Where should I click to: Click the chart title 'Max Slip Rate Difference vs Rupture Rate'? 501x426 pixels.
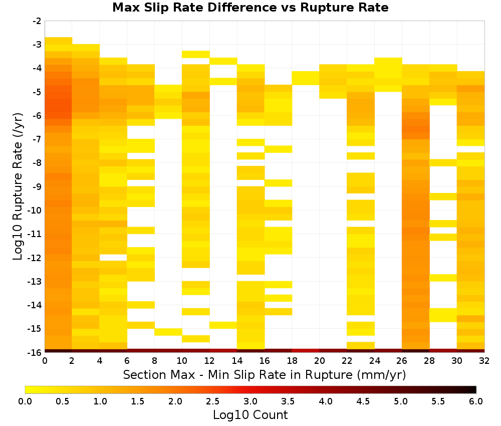pyautogui.click(x=250, y=8)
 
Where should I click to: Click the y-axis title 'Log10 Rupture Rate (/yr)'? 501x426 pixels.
pyautogui.click(x=18, y=186)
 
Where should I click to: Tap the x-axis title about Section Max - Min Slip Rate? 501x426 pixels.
pyautogui.click(x=264, y=375)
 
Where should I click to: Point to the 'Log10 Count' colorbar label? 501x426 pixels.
pyautogui.click(x=250, y=415)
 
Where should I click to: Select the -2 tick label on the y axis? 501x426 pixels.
pyautogui.click(x=37, y=21)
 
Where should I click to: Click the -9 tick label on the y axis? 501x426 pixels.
pyautogui.click(x=37, y=186)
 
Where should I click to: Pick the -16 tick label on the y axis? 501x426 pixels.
pyautogui.click(x=35, y=352)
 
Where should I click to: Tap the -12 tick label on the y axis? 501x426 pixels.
pyautogui.click(x=35, y=258)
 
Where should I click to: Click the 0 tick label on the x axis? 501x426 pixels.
pyautogui.click(x=45, y=361)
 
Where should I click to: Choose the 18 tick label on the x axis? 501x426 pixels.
pyautogui.click(x=292, y=361)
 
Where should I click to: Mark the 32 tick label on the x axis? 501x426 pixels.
pyautogui.click(x=484, y=361)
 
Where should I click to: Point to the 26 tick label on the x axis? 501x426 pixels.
pyautogui.click(x=402, y=361)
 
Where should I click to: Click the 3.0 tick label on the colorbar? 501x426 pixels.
pyautogui.click(x=250, y=401)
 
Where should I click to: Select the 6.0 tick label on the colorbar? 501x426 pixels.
pyautogui.click(x=476, y=401)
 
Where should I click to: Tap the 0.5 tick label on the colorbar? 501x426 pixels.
pyautogui.click(x=62, y=401)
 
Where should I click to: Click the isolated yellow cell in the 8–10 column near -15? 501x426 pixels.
pyautogui.click(x=168, y=332)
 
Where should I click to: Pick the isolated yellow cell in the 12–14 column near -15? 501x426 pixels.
pyautogui.click(x=223, y=325)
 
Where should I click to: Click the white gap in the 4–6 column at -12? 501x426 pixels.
pyautogui.click(x=113, y=258)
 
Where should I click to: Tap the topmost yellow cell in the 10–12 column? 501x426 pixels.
pyautogui.click(x=196, y=54)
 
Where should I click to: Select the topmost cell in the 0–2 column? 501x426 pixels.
pyautogui.click(x=59, y=41)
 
